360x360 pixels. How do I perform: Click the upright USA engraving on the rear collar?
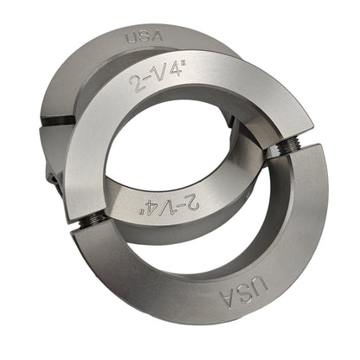click(x=145, y=37)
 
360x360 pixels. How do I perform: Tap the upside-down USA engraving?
click(x=244, y=292)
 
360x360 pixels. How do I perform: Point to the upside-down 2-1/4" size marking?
click(x=172, y=203)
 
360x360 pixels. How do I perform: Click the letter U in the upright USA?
click(x=132, y=38)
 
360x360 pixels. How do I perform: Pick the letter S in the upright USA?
click(x=145, y=37)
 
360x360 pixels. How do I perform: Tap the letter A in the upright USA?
click(x=157, y=36)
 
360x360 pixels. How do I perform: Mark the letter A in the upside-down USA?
click(x=228, y=299)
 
